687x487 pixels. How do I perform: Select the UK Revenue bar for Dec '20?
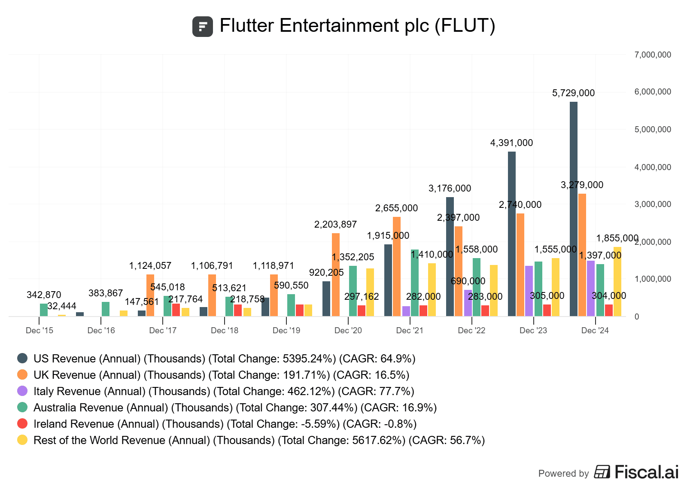coord(336,275)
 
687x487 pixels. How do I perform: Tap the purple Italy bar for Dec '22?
coord(468,303)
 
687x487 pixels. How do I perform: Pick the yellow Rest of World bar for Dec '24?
coord(617,282)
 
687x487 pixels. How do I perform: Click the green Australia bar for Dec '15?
coord(44,310)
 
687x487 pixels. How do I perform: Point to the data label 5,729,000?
coord(573,93)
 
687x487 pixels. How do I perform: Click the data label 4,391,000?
coord(511,143)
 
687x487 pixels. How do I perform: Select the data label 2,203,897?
coord(335,225)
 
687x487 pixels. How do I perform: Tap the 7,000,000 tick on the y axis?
coord(652,55)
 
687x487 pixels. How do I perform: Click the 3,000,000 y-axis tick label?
coord(652,204)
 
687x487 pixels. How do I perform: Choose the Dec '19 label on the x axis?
coord(286,330)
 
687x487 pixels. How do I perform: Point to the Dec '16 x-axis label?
coord(101,330)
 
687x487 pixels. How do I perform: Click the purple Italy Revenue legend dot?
coord(22,391)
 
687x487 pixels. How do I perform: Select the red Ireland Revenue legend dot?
coord(22,424)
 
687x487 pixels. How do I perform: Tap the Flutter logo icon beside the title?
coord(203,27)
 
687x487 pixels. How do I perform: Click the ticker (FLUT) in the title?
coord(465,26)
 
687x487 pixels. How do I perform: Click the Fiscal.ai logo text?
coord(646,472)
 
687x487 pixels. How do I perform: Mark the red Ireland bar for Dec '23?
coord(547,310)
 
